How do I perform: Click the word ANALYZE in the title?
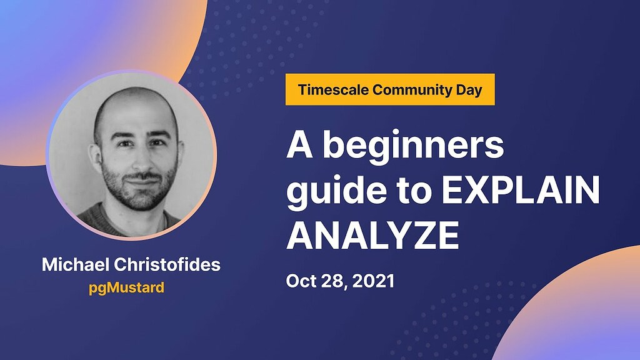(x=372, y=234)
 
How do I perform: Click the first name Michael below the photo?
(x=69, y=264)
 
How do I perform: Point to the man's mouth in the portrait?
(x=136, y=181)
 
